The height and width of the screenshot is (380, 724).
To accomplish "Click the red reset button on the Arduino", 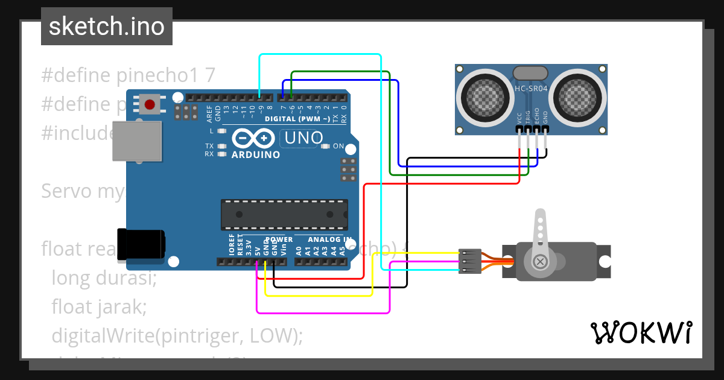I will pyautogui.click(x=149, y=105).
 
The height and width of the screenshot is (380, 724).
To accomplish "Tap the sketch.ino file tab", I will pyautogui.click(x=107, y=27).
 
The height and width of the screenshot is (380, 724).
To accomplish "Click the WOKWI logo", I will pyautogui.click(x=641, y=332).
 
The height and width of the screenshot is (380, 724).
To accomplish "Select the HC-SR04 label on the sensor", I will pyautogui.click(x=530, y=89).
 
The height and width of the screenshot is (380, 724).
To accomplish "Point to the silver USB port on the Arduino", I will pyautogui.click(x=138, y=141).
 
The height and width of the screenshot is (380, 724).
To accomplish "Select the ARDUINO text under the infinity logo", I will pyautogui.click(x=256, y=155).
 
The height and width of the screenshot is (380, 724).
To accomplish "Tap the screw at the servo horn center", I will pyautogui.click(x=541, y=261).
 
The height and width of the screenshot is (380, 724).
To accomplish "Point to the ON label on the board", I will pyautogui.click(x=338, y=146).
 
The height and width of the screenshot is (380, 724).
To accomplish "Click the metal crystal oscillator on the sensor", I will pyautogui.click(x=530, y=73).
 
